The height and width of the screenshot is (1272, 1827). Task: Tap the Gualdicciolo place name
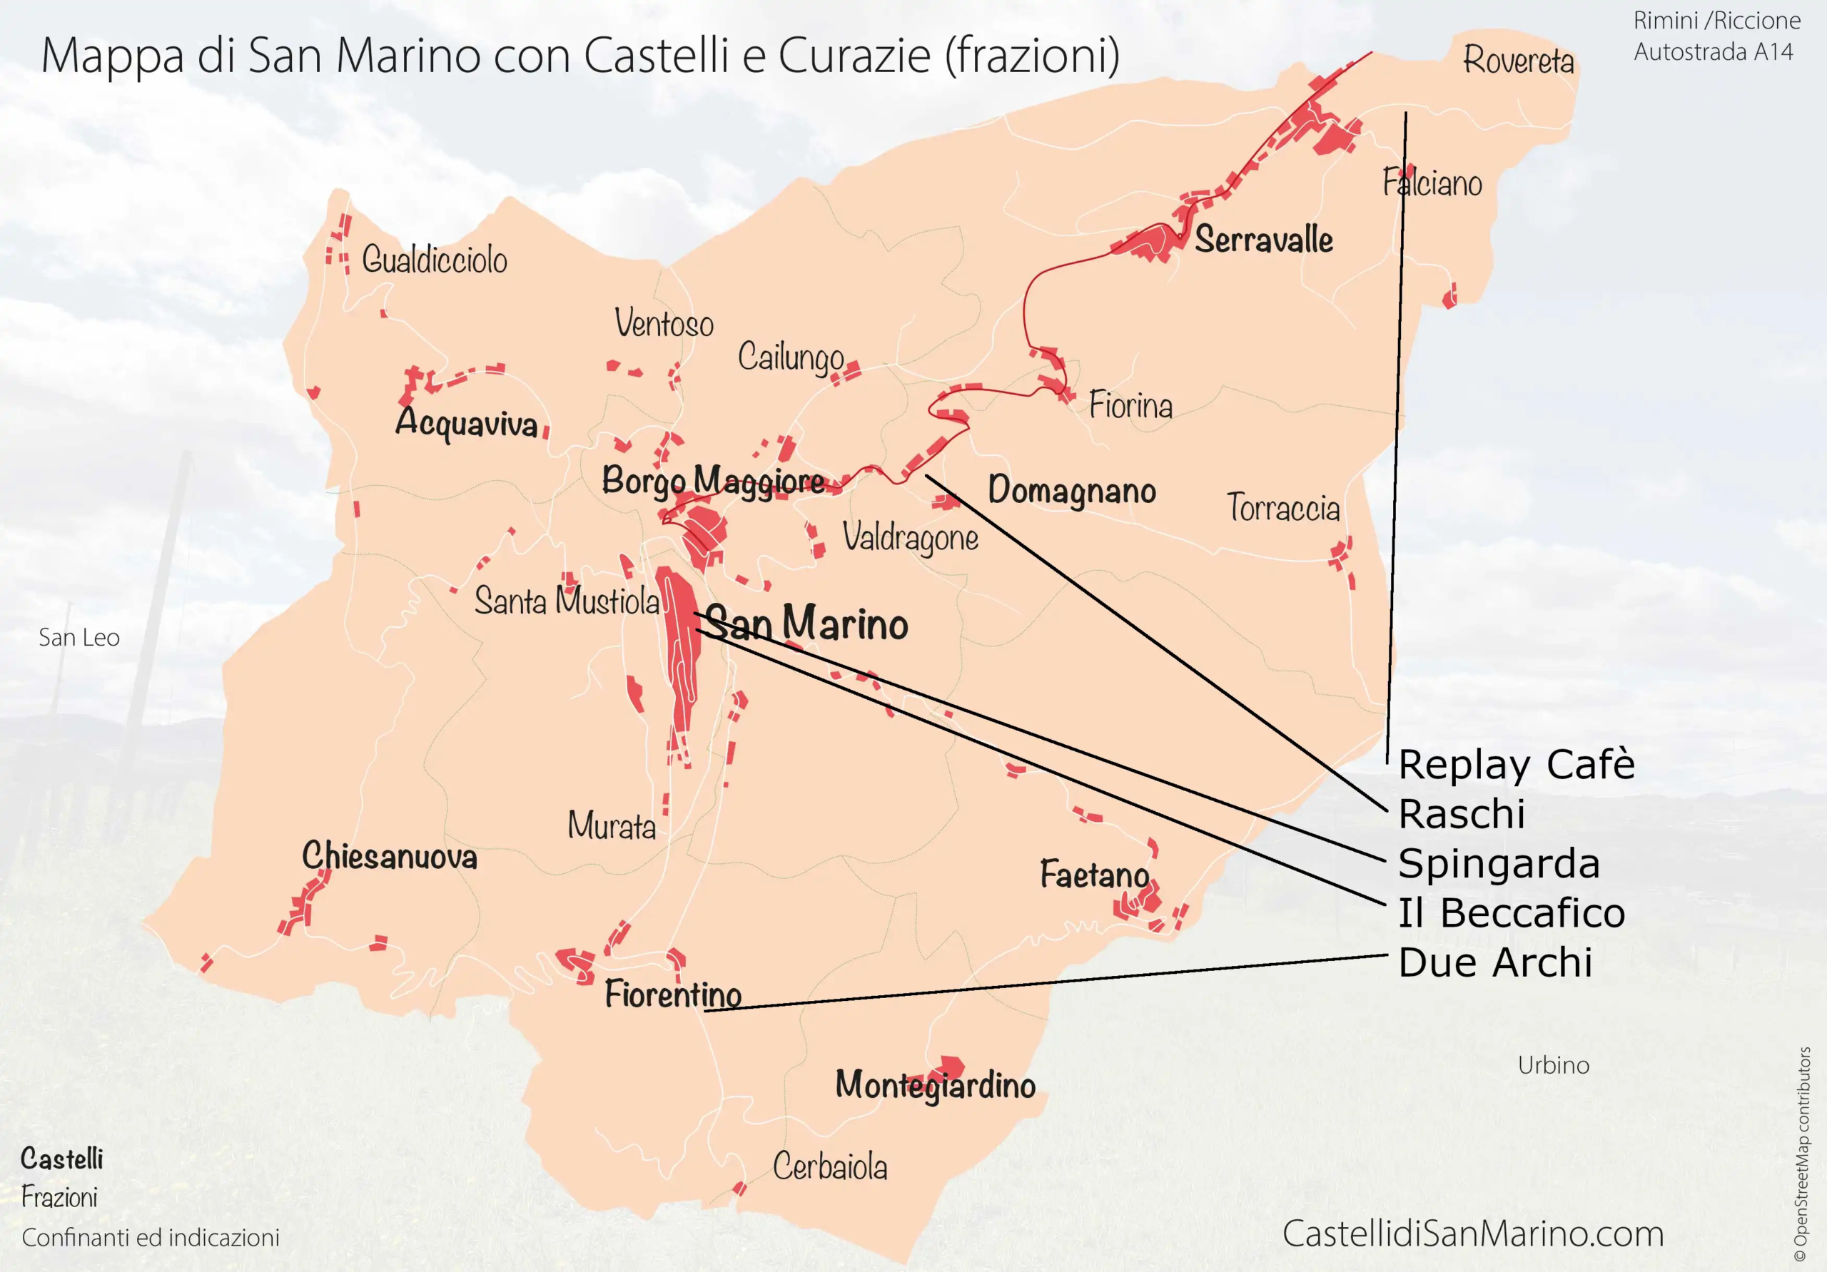(x=435, y=260)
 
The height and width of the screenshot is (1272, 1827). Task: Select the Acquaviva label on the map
(x=466, y=422)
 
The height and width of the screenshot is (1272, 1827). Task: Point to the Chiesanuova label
(x=389, y=856)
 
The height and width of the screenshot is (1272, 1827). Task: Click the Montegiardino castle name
(x=935, y=1085)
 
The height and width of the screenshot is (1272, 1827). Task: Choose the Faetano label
(x=1094, y=874)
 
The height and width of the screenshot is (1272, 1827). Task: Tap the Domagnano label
(x=1071, y=491)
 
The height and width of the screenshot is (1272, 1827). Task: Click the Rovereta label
(x=1518, y=61)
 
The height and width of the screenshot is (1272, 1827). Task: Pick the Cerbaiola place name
(x=830, y=1167)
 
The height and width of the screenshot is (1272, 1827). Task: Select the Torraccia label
(x=1282, y=507)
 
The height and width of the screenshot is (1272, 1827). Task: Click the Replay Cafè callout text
(x=1516, y=765)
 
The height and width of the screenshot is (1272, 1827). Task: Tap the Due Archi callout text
(x=1495, y=962)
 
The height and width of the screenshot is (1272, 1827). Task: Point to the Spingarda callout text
(x=1499, y=864)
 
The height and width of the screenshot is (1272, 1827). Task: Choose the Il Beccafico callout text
(x=1511, y=913)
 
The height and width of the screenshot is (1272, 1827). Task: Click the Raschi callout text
(x=1461, y=814)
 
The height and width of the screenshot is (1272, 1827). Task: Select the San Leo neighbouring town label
(x=79, y=637)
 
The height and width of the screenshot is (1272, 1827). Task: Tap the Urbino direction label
(x=1552, y=1065)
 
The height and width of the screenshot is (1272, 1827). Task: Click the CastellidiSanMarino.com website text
(x=1473, y=1233)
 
